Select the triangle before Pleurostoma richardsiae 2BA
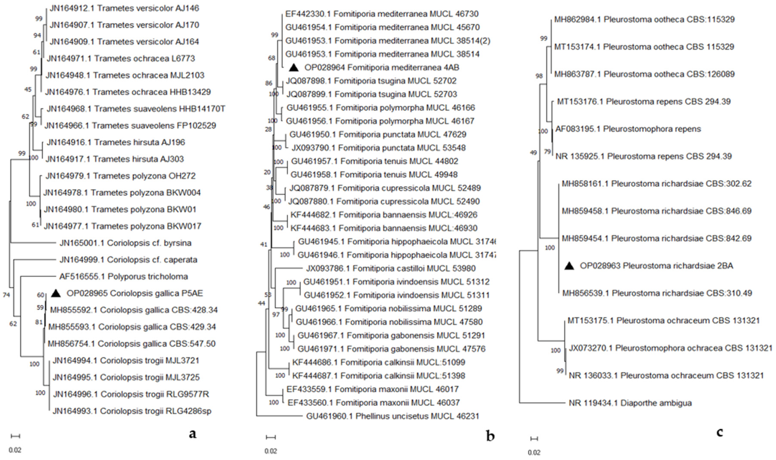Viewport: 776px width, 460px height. tap(569, 266)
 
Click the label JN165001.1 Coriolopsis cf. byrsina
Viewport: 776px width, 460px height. tap(125, 243)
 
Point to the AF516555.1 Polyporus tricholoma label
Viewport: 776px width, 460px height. tap(124, 277)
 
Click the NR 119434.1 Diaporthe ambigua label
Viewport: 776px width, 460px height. tap(630, 403)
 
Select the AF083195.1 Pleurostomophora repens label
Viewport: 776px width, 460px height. tap(628, 129)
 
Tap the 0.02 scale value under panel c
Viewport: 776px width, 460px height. tap(534, 453)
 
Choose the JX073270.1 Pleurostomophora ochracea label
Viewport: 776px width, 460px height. tap(670, 348)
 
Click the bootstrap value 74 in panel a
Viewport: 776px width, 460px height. tap(6, 295)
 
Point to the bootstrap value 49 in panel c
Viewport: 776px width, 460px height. tap(533, 153)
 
